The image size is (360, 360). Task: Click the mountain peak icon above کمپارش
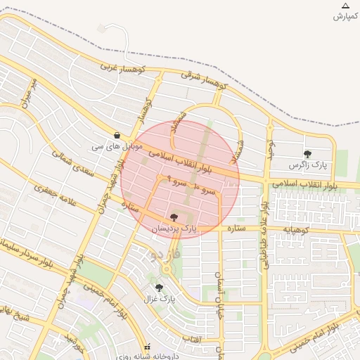(345, 6)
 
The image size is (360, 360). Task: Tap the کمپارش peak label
(345, 16)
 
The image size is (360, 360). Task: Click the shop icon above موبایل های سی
(117, 136)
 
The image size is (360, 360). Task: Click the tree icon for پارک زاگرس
(307, 154)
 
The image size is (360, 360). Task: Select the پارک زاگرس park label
(309, 165)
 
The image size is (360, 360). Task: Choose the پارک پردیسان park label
(174, 229)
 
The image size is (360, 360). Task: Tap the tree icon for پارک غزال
(159, 288)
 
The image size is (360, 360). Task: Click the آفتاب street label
(192, 340)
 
